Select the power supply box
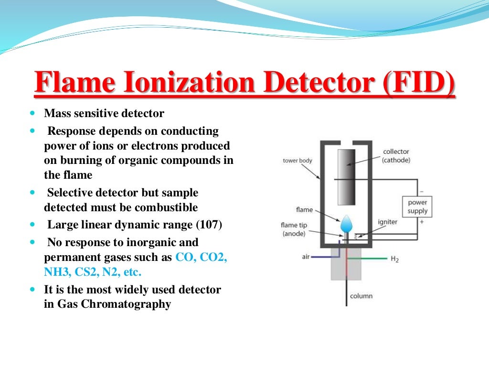point(417,206)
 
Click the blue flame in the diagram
point(347,222)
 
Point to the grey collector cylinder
point(346,177)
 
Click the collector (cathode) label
point(396,156)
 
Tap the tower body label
point(297,161)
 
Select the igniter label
point(387,222)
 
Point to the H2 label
point(394,259)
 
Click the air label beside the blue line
point(306,257)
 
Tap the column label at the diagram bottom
point(361,296)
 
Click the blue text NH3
point(56,272)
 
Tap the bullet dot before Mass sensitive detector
point(32,114)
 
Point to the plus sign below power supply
point(421,222)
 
